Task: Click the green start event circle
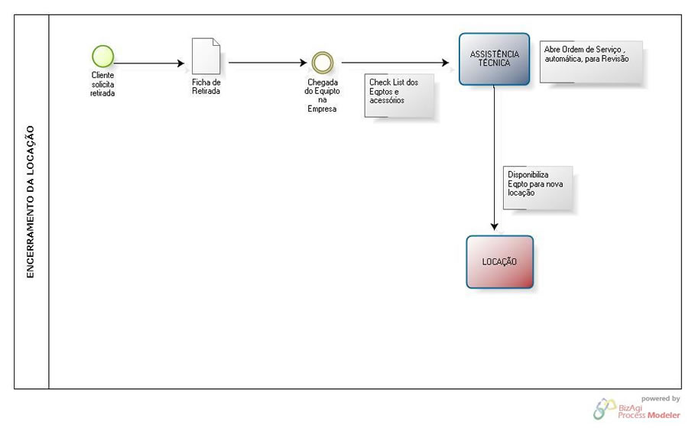pos(102,56)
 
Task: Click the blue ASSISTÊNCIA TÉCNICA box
pos(494,59)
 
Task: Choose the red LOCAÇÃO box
pos(499,261)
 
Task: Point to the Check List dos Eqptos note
pos(400,96)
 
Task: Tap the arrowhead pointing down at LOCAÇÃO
pos(495,226)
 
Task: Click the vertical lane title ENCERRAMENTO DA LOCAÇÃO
pos(31,202)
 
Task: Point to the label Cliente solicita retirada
pos(102,84)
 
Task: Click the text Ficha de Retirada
pos(206,86)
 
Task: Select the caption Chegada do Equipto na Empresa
pos(322,95)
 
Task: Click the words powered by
pos(660,398)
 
